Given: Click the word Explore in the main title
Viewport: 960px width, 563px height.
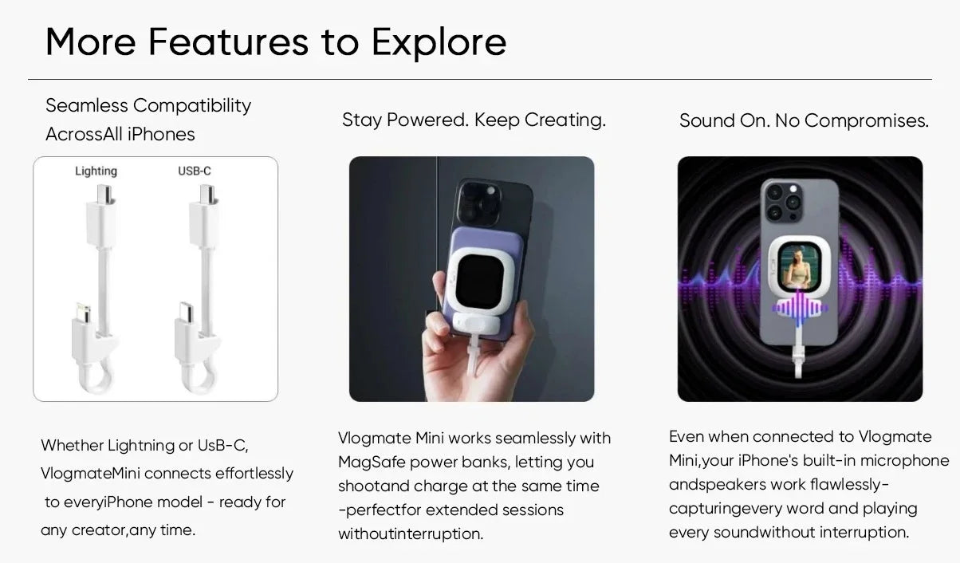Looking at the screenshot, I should tap(439, 42).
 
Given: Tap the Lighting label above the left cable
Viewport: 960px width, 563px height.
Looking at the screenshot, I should tap(96, 171).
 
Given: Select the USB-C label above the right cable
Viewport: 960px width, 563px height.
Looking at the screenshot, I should tap(195, 171).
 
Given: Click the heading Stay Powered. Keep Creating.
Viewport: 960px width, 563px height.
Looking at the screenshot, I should tap(474, 120).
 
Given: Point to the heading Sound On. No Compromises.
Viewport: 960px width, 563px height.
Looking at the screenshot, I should tap(804, 121).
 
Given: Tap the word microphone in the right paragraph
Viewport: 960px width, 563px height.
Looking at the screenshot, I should tap(904, 460).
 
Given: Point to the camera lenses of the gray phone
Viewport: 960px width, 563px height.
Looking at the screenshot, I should tap(783, 201).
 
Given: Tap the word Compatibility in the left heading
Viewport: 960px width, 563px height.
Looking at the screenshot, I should tap(192, 105).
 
